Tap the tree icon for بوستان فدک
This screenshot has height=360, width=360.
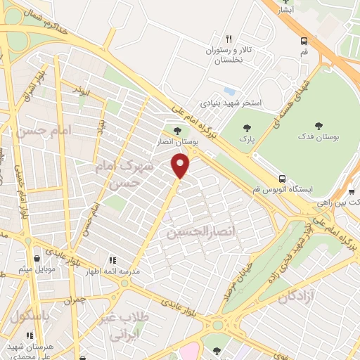click(319, 126)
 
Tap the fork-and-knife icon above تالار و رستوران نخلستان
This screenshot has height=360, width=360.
click(229, 39)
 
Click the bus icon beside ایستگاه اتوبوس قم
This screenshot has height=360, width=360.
click(282, 179)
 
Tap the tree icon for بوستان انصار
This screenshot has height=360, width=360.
click(176, 130)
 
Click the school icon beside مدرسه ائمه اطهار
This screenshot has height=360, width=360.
click(112, 260)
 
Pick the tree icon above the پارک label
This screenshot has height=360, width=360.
click(247, 128)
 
